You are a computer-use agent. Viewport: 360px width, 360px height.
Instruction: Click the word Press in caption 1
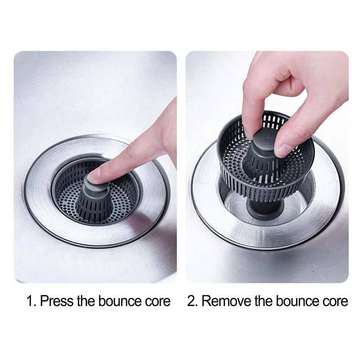[x=57, y=301]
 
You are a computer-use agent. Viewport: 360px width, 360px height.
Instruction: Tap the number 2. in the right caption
[x=192, y=301]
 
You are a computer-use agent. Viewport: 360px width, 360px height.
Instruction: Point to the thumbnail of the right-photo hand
[x=283, y=150]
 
